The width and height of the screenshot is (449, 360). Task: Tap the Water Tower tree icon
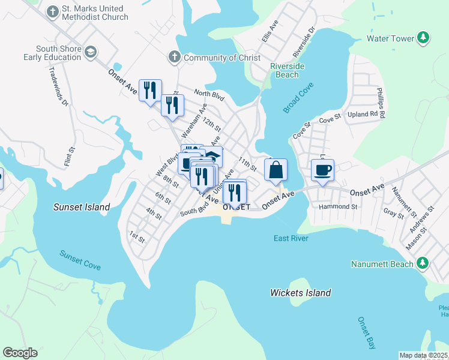[x=424, y=38]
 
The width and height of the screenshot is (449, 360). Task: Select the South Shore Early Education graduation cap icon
[x=91, y=53]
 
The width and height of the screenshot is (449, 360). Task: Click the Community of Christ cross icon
[x=174, y=58]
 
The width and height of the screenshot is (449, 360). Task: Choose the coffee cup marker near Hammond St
[x=322, y=170]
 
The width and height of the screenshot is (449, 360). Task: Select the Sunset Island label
[x=82, y=207]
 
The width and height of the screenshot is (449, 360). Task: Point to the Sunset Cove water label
[x=80, y=260]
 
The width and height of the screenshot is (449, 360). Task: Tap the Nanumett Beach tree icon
[x=423, y=263]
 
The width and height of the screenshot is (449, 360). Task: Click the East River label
[x=291, y=238]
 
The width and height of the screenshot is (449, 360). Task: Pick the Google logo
[x=20, y=353]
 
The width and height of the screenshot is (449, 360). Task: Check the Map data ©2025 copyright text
[x=423, y=355]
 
